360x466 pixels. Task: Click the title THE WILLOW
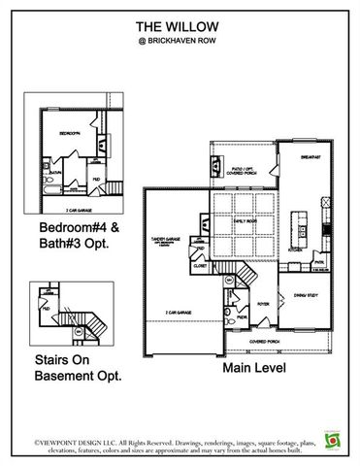click(180, 26)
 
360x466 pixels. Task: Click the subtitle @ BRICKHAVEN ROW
click(180, 43)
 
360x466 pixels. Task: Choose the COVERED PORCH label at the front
click(262, 342)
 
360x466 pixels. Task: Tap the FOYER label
click(263, 304)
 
